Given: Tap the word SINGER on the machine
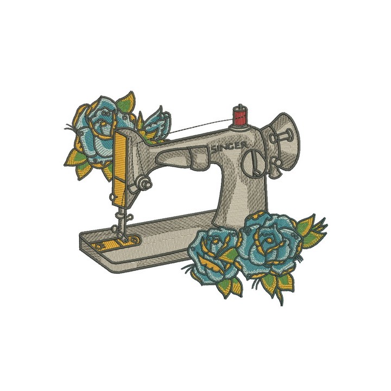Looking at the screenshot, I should click(x=230, y=146).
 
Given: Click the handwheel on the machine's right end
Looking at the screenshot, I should click(x=287, y=142).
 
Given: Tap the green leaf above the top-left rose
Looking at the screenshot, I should click(x=125, y=101).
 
